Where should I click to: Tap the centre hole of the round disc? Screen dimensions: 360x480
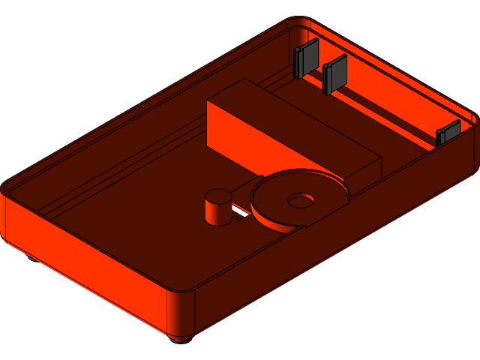301,200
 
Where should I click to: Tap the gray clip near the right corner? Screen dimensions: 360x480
448,133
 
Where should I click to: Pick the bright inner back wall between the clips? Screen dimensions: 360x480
390,105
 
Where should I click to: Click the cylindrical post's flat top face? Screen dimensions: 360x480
218,196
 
